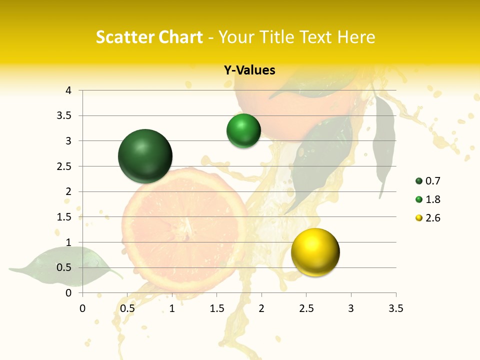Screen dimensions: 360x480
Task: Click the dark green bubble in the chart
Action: (145, 156)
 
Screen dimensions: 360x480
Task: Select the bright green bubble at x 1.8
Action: (243, 131)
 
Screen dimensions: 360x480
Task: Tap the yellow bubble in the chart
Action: (315, 252)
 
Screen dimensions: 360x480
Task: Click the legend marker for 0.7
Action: (419, 181)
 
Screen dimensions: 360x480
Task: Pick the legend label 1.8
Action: (432, 199)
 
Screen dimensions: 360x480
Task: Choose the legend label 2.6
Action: (432, 218)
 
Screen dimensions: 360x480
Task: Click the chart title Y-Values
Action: (249, 70)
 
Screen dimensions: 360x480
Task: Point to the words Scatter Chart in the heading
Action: (149, 37)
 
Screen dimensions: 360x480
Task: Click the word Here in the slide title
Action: (356, 37)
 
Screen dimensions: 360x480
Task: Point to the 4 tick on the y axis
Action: (69, 90)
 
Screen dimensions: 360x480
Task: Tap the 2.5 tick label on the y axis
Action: (64, 166)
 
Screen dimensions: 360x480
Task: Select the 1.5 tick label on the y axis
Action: (64, 217)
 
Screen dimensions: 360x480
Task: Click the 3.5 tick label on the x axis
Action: (395, 308)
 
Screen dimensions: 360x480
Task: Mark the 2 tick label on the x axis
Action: (261, 308)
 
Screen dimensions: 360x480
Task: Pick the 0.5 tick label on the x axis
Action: (127, 308)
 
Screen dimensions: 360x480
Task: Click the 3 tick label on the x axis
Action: (351, 308)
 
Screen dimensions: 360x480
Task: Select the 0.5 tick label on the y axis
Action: (64, 267)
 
